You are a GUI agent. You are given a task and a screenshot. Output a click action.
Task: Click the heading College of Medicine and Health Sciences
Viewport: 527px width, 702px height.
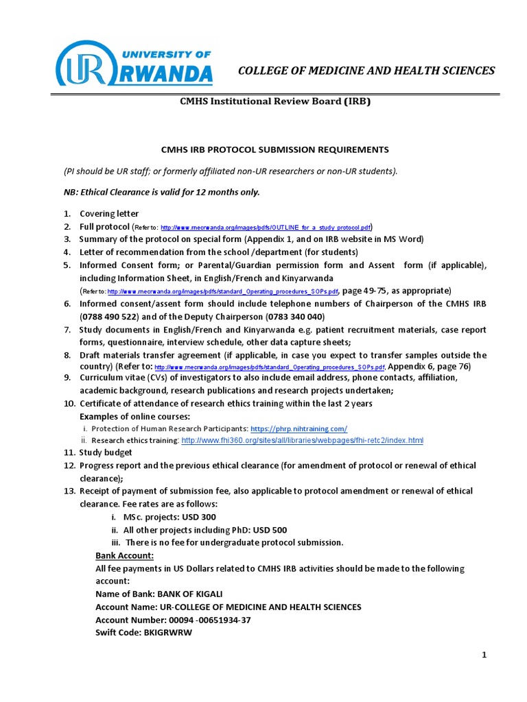[366, 71]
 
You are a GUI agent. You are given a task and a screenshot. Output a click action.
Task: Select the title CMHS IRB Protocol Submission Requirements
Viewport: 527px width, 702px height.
[274, 149]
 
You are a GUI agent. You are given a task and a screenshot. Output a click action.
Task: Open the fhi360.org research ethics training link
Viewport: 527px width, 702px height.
[303, 440]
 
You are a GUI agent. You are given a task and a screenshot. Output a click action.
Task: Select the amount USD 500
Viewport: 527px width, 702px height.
[270, 530]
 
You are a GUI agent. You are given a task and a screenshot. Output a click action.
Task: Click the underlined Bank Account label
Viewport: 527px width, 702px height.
[124, 555]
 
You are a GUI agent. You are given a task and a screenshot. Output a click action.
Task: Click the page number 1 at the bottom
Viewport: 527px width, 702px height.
[484, 655]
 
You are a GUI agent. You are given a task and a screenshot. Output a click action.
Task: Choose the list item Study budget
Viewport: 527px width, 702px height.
[106, 452]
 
